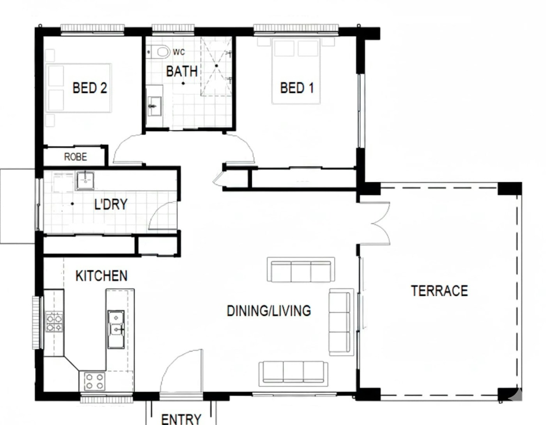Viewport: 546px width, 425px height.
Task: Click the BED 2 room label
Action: pos(90,88)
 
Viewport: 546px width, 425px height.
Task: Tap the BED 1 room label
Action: pos(297,88)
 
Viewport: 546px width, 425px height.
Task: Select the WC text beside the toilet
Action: pos(179,52)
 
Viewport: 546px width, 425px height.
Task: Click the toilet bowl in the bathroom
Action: pos(163,52)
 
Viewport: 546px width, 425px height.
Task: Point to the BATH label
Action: pos(182,71)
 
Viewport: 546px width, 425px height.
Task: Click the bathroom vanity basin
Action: pos(154,106)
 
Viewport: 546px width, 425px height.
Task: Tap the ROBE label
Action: pos(76,157)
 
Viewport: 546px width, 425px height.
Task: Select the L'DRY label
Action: pos(111,204)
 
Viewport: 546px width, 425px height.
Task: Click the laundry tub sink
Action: pos(85,181)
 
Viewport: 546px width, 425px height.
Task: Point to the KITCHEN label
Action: pos(101,276)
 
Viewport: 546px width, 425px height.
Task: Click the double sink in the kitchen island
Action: pos(116,329)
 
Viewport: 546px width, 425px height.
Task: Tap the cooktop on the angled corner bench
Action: pos(95,382)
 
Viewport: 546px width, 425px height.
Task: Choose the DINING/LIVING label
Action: pos(269,311)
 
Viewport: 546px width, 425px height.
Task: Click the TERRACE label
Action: pos(440,291)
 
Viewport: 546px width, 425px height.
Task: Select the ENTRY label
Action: pos(181,419)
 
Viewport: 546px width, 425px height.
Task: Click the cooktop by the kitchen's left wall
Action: pos(54,322)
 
